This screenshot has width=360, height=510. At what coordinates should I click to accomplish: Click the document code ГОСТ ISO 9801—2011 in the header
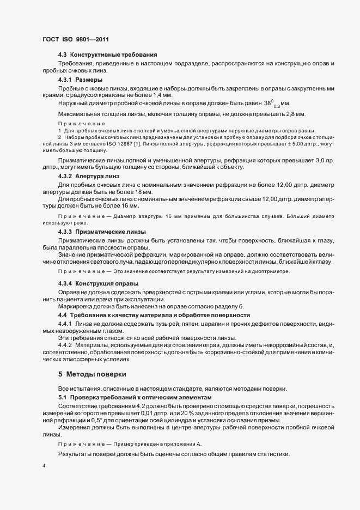point(76,40)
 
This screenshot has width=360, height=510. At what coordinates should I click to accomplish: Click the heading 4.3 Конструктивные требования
point(107,55)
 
